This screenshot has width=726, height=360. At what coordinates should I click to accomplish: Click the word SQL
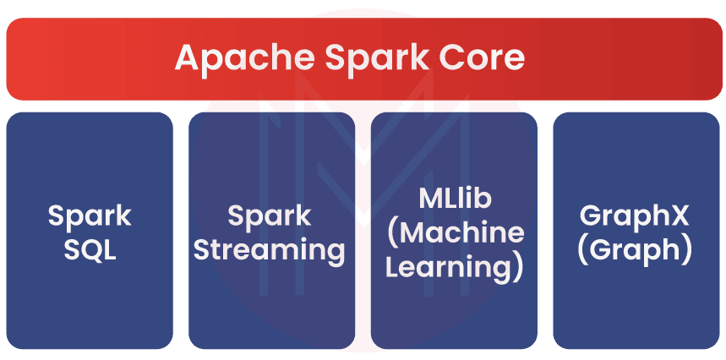tap(90, 251)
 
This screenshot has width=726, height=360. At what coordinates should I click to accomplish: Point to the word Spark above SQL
tap(90, 215)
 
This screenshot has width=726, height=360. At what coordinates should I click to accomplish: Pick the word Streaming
tap(272, 251)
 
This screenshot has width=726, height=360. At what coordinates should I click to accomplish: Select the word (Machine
tap(455, 233)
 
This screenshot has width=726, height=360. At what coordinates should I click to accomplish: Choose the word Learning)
tap(455, 268)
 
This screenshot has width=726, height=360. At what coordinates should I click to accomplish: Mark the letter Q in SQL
tap(90, 252)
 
